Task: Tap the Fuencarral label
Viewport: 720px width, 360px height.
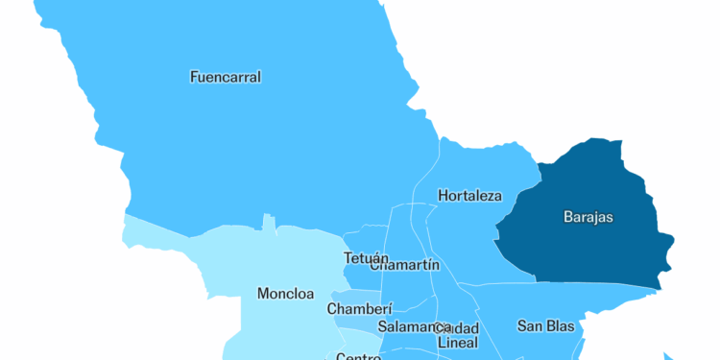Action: point(226,77)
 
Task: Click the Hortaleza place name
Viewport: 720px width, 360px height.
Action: point(469,196)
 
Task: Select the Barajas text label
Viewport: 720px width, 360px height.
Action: point(588,217)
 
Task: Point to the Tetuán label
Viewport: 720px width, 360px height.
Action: point(366,258)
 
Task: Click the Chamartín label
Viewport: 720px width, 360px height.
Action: point(405,265)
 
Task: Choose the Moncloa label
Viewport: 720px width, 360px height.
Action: point(285,293)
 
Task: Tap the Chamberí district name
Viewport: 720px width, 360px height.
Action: point(360,309)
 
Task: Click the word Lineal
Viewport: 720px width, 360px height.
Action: point(457,342)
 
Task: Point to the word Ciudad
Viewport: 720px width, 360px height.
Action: point(458,328)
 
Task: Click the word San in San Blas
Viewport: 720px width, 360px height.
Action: point(530,325)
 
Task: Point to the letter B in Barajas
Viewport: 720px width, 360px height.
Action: point(567,217)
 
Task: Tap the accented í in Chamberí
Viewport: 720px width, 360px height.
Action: point(390,309)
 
